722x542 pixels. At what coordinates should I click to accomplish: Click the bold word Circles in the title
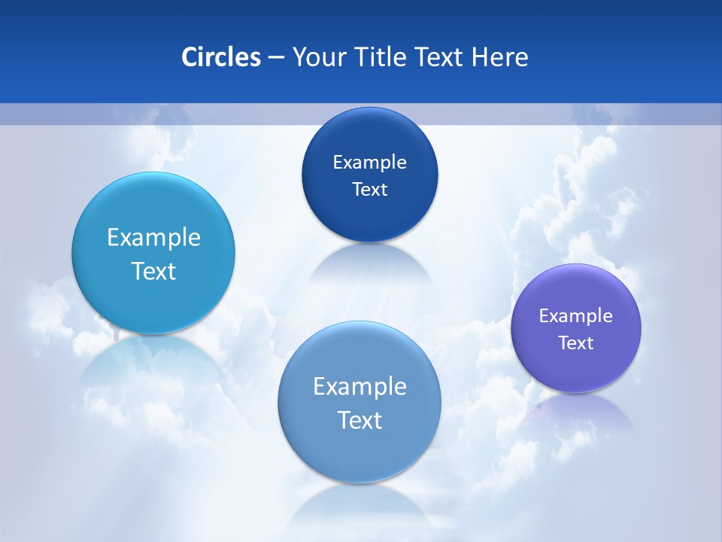click(221, 57)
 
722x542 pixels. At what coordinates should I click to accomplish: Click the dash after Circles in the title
click(276, 58)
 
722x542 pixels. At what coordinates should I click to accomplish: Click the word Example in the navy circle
click(369, 162)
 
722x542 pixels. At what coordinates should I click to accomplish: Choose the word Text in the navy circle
click(369, 189)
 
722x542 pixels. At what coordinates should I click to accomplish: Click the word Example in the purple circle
click(576, 315)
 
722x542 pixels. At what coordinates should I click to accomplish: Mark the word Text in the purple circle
click(576, 343)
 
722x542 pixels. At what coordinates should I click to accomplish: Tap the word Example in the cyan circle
click(153, 237)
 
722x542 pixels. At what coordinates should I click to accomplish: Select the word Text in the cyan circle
click(153, 271)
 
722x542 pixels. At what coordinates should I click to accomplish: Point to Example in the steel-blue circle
click(359, 386)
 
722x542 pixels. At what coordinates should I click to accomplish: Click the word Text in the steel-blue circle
click(359, 420)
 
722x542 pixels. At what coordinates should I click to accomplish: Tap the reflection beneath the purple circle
click(576, 410)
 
